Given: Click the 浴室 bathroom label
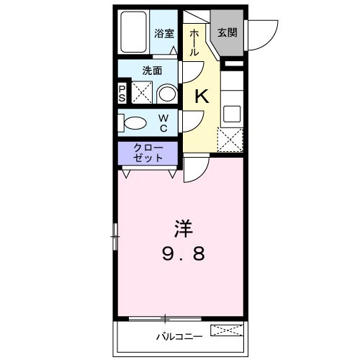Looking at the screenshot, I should pyautogui.click(x=164, y=34).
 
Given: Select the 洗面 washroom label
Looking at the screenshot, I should pyautogui.click(x=151, y=71).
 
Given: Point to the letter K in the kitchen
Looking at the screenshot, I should pyautogui.click(x=202, y=96).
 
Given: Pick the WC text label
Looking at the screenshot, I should pyautogui.click(x=163, y=122).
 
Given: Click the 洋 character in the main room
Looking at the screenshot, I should pyautogui.click(x=182, y=230).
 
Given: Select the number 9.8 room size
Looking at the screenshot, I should pyautogui.click(x=181, y=254).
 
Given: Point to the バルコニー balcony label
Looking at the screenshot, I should pyautogui.click(x=176, y=336).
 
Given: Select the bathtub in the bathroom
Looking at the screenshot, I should pyautogui.click(x=135, y=32).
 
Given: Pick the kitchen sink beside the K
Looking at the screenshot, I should pyautogui.click(x=232, y=112).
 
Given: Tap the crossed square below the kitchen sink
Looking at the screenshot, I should pyautogui.click(x=231, y=138).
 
